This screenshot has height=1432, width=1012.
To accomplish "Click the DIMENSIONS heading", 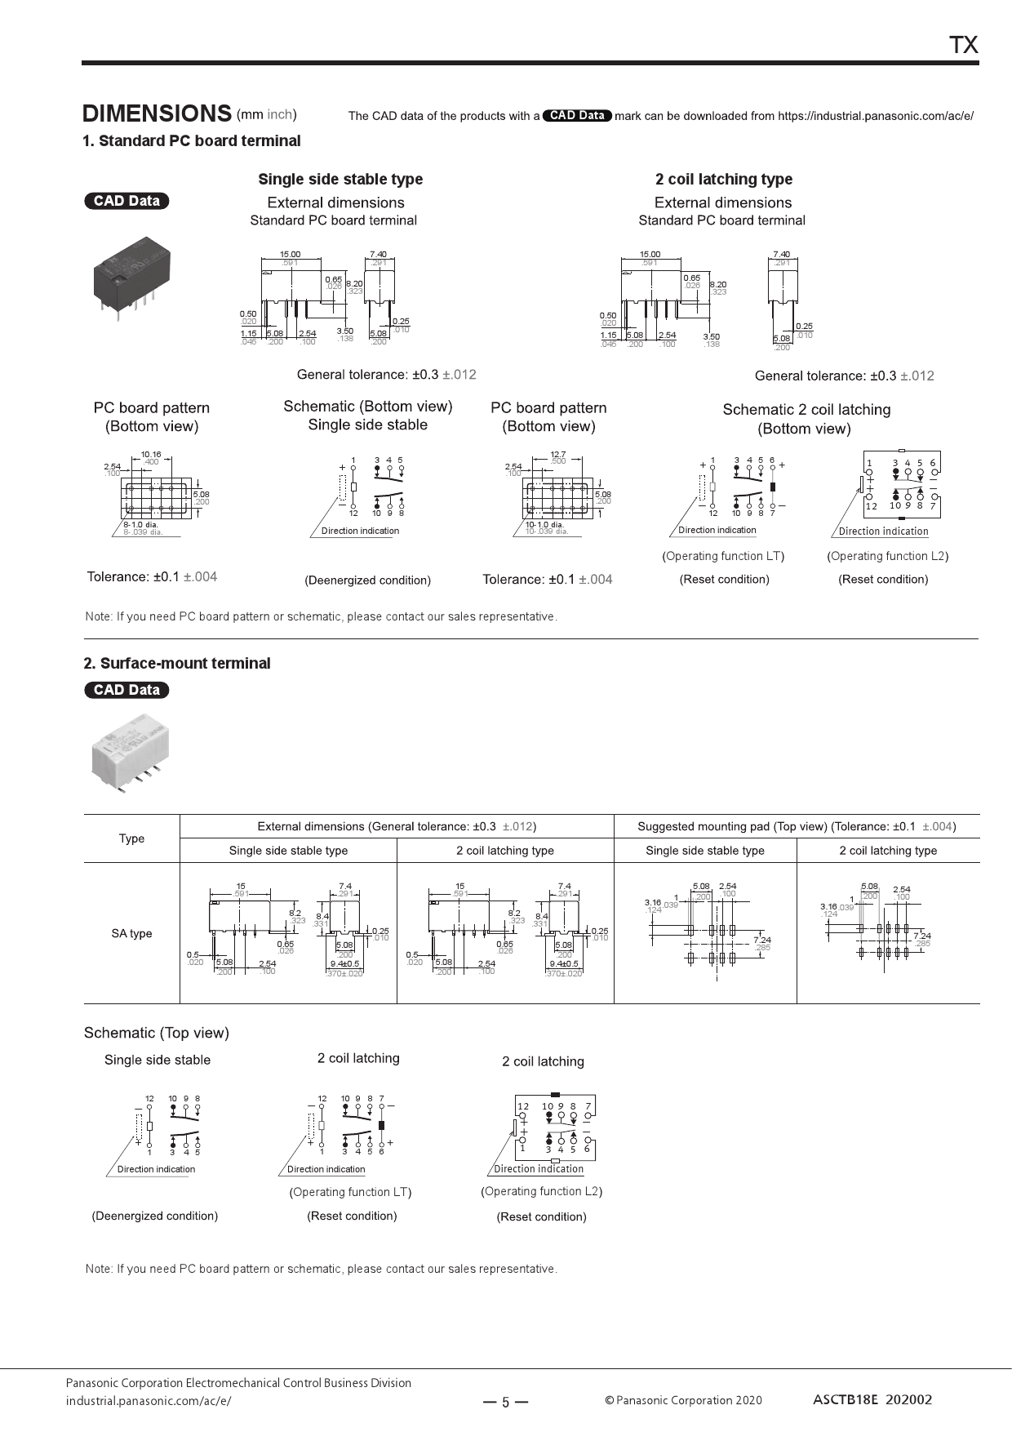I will pos(157,113).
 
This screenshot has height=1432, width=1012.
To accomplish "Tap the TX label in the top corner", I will pos(963,46).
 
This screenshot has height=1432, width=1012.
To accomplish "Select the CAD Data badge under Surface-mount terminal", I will pos(126,690).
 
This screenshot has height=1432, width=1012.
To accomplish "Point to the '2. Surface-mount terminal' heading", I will pos(177,663).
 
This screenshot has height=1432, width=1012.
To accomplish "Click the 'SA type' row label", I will pos(131,933).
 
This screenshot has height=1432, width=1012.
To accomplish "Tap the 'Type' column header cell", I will pos(131,838).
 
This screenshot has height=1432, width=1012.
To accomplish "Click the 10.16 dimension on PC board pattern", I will pos(151,455).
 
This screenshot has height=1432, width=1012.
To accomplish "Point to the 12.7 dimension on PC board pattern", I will pos(557,455).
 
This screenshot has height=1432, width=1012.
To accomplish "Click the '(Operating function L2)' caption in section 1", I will pos(887,556).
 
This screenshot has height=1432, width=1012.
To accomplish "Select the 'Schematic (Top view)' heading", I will pos(157,1033).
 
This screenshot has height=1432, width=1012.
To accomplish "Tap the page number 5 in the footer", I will pos(505,1403).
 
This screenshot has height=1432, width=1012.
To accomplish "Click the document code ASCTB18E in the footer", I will pos(846,1399).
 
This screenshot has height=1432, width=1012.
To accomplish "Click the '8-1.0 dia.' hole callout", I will pos(141,524).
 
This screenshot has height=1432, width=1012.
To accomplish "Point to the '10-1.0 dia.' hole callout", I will pos(544,524).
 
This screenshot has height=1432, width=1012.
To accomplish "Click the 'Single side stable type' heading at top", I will pos(340,180).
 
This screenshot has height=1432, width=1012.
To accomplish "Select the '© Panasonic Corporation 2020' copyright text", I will pos(683,1400).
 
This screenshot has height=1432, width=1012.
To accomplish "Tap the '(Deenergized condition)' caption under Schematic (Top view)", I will pos(155,1216).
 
